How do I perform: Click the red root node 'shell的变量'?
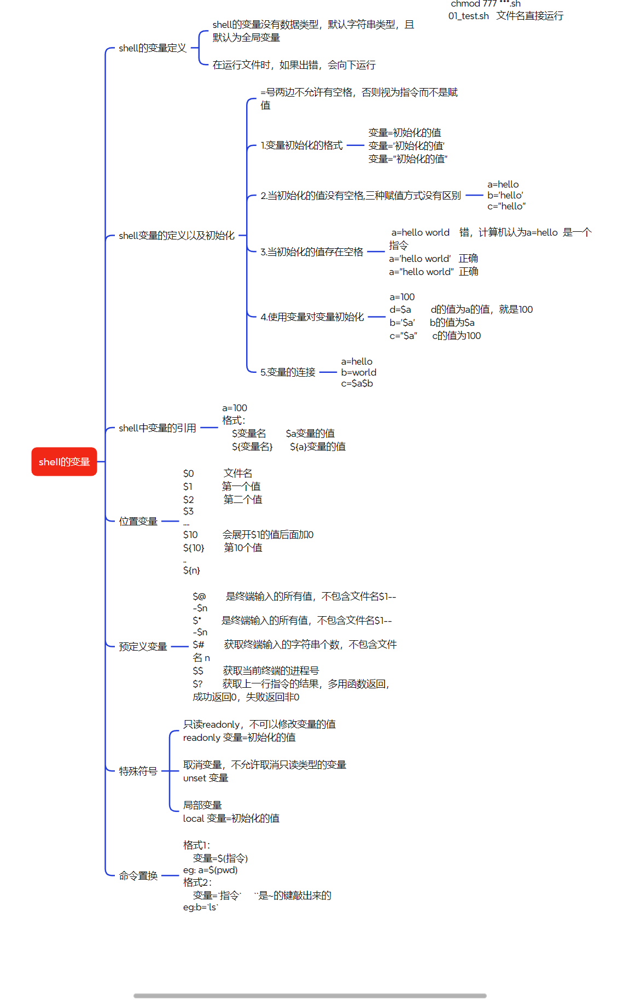point(64,462)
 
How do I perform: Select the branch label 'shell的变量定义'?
point(153,48)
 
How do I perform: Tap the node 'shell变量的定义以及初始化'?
point(176,236)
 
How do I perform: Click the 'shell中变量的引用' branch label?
point(157,428)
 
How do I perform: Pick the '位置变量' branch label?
point(138,522)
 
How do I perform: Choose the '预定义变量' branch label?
point(143,647)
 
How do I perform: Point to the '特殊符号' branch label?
point(138,771)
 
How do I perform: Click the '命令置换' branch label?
point(138,876)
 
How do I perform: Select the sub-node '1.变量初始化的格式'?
point(301,145)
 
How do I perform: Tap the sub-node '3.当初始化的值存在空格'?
point(311,252)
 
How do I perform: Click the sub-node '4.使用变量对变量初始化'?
point(312,317)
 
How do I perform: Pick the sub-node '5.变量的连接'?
point(288,372)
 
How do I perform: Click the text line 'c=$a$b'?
point(357,384)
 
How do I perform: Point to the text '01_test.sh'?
point(468,16)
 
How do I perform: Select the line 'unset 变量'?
point(206,778)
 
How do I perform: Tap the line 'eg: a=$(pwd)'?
point(210,870)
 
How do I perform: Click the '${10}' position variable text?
point(194,548)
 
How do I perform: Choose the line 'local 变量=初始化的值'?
point(231,818)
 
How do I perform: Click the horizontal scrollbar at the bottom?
point(310,996)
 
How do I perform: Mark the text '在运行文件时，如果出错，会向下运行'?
point(294,65)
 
